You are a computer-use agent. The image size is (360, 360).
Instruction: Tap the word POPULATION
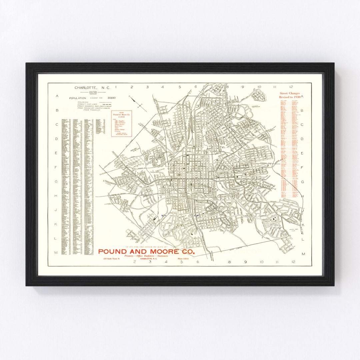[77, 98]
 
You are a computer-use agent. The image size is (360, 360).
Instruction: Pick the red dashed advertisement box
[122, 123]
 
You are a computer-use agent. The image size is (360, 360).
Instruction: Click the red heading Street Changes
[290, 93]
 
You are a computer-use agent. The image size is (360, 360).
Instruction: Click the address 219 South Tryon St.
[111, 259]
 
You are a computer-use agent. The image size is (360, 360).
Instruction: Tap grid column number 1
[116, 87]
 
